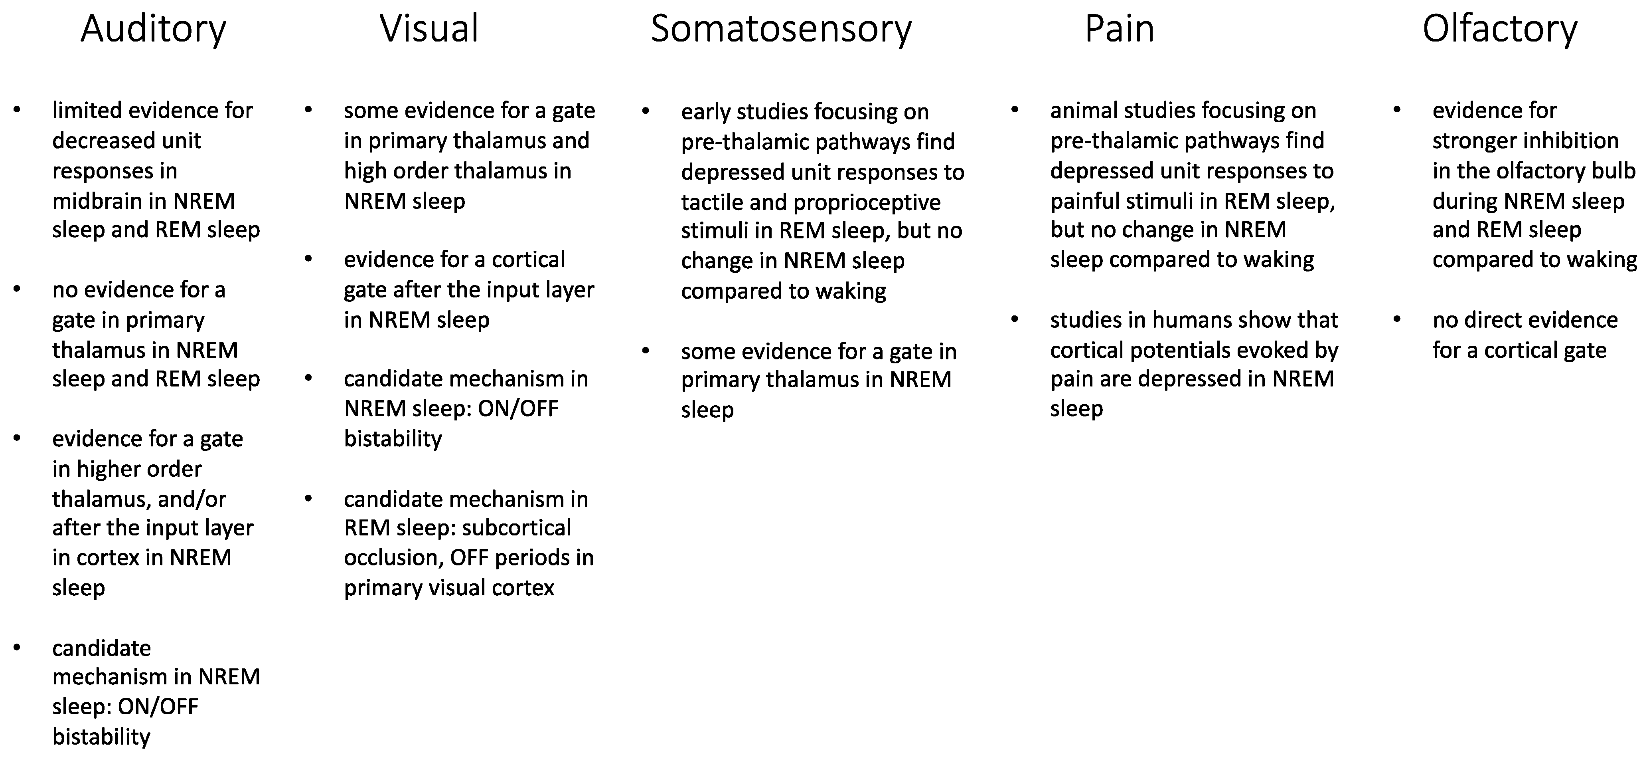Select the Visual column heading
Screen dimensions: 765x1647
click(429, 29)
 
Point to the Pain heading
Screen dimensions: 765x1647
click(1120, 29)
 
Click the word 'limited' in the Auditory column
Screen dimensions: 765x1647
click(87, 111)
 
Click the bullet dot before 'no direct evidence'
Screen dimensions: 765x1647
click(1397, 319)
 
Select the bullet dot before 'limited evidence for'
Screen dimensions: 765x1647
click(17, 110)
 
